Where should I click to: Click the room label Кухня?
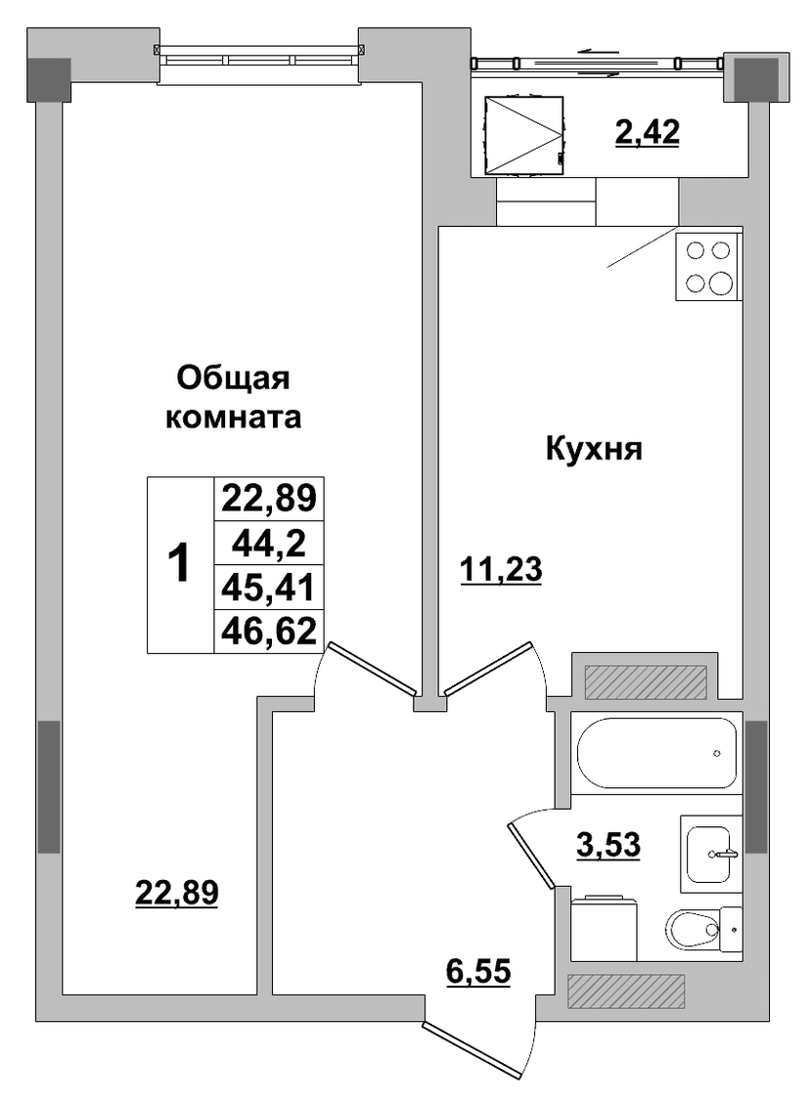pos(594,450)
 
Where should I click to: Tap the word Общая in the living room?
pos(233,379)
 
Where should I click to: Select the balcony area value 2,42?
pos(647,132)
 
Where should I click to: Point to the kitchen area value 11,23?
pos(501,569)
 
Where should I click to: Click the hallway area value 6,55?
pos(478,973)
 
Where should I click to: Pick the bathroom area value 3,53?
pos(608,844)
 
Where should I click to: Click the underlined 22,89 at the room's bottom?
pos(176,893)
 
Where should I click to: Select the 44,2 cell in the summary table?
pos(268,543)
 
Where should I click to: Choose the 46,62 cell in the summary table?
pos(268,631)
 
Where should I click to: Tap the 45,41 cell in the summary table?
pos(268,587)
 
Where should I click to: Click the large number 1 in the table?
pos(180,564)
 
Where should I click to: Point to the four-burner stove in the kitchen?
pos(709,267)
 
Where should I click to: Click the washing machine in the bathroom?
pos(605,928)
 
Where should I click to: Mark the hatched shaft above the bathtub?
pos(645,682)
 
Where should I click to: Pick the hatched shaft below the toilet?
pos(625,991)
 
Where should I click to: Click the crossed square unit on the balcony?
pos(524,134)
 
